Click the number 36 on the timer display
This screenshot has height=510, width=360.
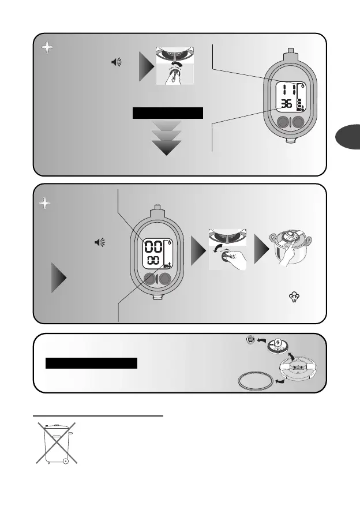285,104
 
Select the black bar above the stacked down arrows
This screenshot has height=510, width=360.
168,112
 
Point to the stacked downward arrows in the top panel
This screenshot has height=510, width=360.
166,138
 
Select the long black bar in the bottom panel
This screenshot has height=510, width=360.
93,363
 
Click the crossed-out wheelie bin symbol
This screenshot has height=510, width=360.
55,442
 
